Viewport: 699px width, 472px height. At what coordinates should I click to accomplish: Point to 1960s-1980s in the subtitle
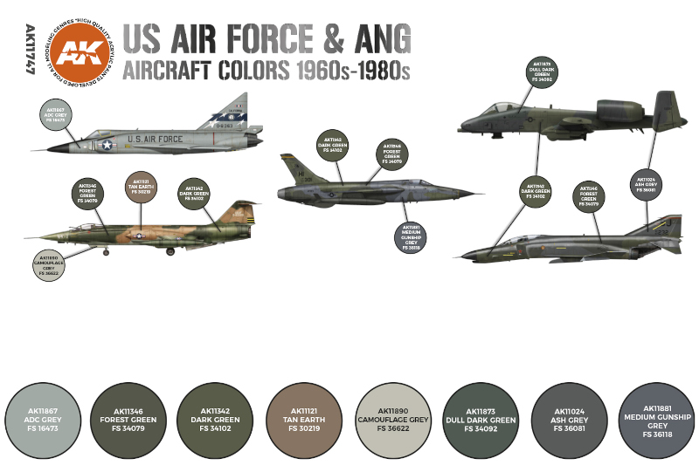pos(350,70)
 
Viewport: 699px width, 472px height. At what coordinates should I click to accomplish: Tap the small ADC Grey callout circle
pos(55,115)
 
